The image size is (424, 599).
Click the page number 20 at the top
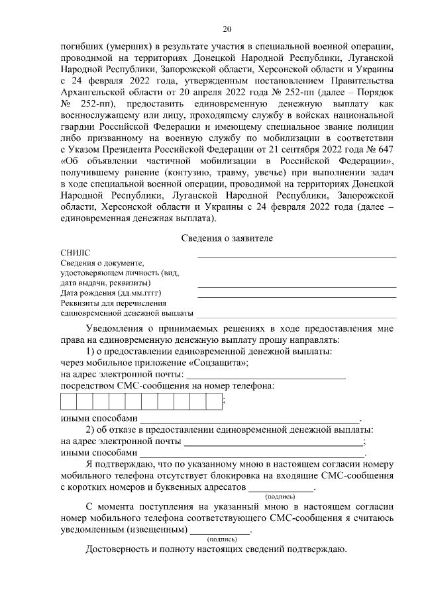227,29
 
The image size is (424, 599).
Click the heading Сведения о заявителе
227,238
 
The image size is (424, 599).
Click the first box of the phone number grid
69,402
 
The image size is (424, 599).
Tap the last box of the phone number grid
213,402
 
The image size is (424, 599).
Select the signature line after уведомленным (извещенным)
220,531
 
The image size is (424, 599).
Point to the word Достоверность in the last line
119,549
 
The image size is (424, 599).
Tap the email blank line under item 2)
274,442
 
